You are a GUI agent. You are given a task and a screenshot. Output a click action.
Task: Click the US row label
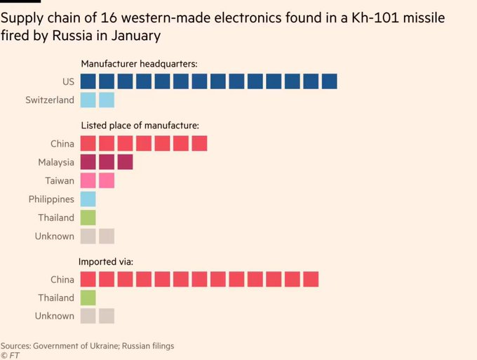(x=68, y=82)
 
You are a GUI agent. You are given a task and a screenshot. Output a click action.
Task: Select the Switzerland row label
(x=50, y=100)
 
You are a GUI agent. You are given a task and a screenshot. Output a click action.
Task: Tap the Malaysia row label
(x=56, y=162)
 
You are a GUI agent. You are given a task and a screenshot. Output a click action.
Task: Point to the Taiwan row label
(x=59, y=180)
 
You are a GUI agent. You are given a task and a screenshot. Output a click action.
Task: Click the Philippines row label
(x=51, y=199)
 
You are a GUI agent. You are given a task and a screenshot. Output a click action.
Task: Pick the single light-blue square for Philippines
(x=88, y=199)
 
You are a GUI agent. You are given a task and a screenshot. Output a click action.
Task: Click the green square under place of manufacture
(x=88, y=218)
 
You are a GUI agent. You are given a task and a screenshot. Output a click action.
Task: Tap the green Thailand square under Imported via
(x=88, y=298)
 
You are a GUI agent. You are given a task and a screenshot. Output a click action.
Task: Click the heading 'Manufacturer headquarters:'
(x=139, y=64)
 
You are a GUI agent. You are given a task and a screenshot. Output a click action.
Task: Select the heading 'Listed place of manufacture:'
(x=140, y=126)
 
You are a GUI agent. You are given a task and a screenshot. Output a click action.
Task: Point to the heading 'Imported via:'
(x=107, y=261)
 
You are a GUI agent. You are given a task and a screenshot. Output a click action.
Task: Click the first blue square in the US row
(x=88, y=82)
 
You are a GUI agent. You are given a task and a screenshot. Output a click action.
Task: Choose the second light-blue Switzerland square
(x=107, y=100)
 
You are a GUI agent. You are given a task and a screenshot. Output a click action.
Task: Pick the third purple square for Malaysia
(x=125, y=162)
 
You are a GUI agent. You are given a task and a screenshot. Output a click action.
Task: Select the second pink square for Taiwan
(x=107, y=180)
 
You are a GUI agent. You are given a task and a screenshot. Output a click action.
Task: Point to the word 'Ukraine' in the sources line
(x=114, y=346)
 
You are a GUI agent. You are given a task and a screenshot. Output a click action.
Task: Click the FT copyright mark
(x=9, y=356)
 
